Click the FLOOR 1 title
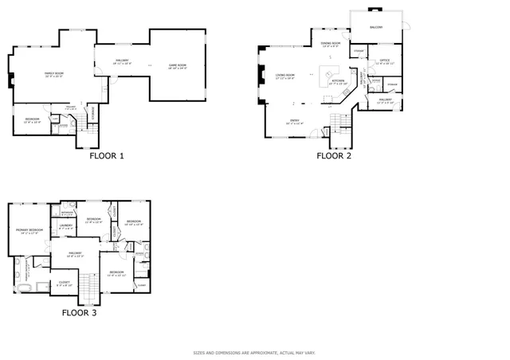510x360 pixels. point(106,156)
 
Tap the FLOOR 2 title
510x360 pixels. point(334,156)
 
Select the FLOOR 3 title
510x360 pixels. point(79,313)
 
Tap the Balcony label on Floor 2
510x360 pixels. point(376,27)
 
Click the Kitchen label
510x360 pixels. point(338,81)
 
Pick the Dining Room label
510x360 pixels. point(330,44)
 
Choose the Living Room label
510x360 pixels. point(284,76)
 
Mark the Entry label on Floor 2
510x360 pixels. point(295,121)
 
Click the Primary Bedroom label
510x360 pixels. point(28,231)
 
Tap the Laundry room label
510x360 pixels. point(66,226)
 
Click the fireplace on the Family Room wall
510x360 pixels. point(9,80)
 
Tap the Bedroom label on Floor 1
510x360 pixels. point(32,121)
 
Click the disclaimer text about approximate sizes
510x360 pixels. point(254,352)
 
